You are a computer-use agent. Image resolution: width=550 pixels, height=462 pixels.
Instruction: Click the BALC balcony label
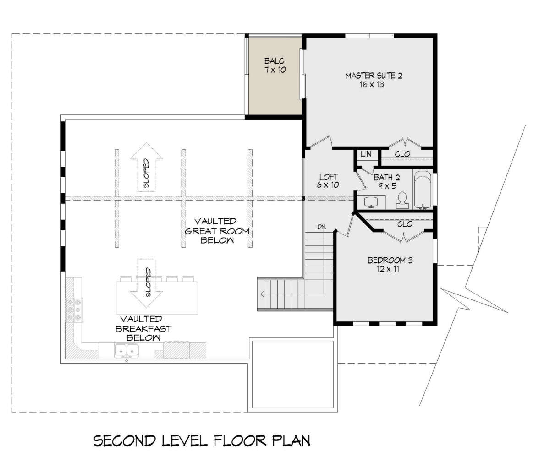point(274,61)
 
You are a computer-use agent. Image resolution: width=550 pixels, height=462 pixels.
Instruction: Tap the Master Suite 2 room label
point(374,76)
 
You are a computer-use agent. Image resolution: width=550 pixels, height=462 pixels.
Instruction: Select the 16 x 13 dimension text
point(372,85)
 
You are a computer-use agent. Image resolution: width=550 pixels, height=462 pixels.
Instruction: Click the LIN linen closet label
point(366,154)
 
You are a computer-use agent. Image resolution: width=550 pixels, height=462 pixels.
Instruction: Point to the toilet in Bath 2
point(402,201)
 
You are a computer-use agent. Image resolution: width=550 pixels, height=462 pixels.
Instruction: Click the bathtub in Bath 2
point(423,190)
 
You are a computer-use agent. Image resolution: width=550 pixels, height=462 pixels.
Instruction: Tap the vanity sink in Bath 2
point(371,202)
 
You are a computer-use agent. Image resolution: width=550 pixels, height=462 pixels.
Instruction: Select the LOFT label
point(329,177)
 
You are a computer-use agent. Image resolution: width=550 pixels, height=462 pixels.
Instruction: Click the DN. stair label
point(322,227)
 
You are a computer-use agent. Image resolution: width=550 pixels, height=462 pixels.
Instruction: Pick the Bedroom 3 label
point(390,261)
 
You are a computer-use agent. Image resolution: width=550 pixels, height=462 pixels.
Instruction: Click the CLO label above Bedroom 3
point(405,224)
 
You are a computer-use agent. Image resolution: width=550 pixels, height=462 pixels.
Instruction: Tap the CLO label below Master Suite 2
point(402,154)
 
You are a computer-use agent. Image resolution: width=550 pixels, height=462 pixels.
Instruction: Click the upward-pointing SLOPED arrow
point(147,167)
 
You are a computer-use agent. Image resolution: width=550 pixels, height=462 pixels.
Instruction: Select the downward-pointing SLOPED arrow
point(147,283)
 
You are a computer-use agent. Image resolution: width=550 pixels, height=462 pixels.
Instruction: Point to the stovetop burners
point(75,310)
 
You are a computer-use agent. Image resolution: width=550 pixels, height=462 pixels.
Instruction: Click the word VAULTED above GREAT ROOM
point(215,221)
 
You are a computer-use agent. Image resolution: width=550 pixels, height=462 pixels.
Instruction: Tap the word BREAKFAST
point(143,329)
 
